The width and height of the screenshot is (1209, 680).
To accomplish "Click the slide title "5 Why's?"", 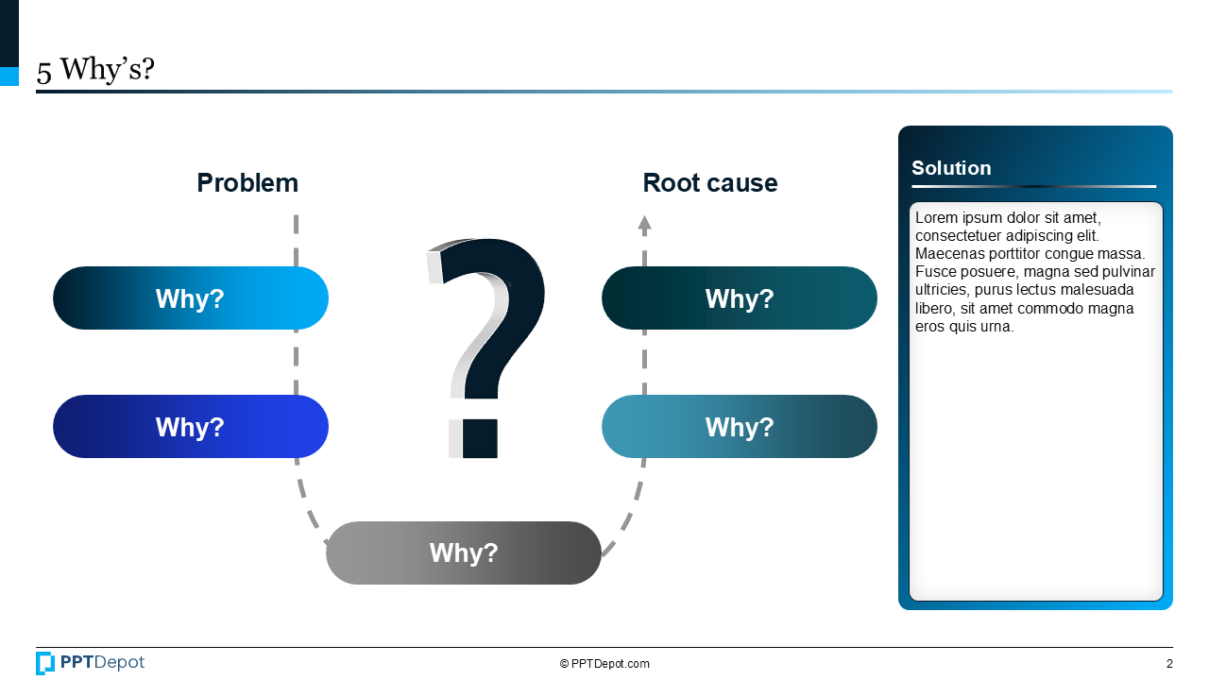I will (95, 71).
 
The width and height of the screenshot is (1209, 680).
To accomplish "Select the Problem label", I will (247, 183).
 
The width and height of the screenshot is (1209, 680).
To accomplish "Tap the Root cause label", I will (709, 183).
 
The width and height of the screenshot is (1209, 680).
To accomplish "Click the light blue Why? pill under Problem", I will (190, 298).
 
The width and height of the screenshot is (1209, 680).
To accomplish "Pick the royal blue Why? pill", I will (190, 427).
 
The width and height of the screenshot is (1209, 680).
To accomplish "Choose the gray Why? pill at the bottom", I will (463, 552).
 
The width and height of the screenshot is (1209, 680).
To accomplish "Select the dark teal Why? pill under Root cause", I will (739, 298).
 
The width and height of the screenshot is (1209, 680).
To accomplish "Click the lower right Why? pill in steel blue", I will (739, 427).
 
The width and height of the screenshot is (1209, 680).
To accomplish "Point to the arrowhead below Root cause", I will (644, 225).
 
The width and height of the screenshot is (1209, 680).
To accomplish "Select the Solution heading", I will (951, 168).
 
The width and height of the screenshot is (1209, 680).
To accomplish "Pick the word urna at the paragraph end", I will (997, 327).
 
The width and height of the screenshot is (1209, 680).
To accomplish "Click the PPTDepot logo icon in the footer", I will (45, 663).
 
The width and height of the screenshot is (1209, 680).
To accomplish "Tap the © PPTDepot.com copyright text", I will (604, 664).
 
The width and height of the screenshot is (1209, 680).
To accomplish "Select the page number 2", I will (1169, 664).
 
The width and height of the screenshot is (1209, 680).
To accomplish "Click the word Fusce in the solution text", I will (935, 272).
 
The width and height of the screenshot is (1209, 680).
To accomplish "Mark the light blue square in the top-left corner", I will (9, 76).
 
